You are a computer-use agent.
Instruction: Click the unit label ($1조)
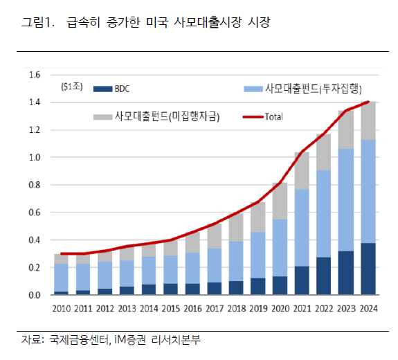tap(71, 87)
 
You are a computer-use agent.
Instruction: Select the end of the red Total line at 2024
tap(368, 102)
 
